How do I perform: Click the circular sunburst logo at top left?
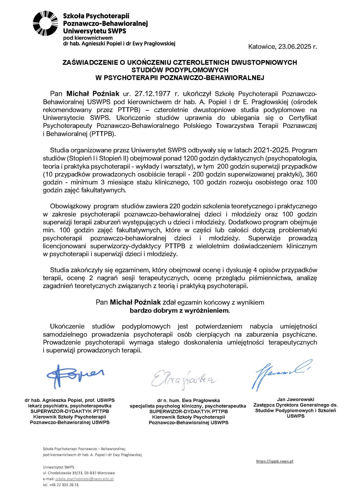tap(45, 23)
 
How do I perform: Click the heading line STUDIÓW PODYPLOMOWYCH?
tap(180, 70)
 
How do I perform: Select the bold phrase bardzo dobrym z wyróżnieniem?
tap(179, 311)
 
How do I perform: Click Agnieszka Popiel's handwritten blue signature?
tap(75, 376)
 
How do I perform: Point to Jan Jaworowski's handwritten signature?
tap(281, 374)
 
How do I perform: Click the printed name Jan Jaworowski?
tap(295, 399)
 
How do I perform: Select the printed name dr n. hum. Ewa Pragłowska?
tap(188, 400)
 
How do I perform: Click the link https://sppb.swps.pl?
tap(274, 461)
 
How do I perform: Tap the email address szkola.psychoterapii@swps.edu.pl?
tap(84, 479)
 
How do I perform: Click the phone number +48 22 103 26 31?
tap(64, 485)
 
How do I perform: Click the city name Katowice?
tap(262, 47)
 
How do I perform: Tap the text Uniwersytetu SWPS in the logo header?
tap(94, 31)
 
